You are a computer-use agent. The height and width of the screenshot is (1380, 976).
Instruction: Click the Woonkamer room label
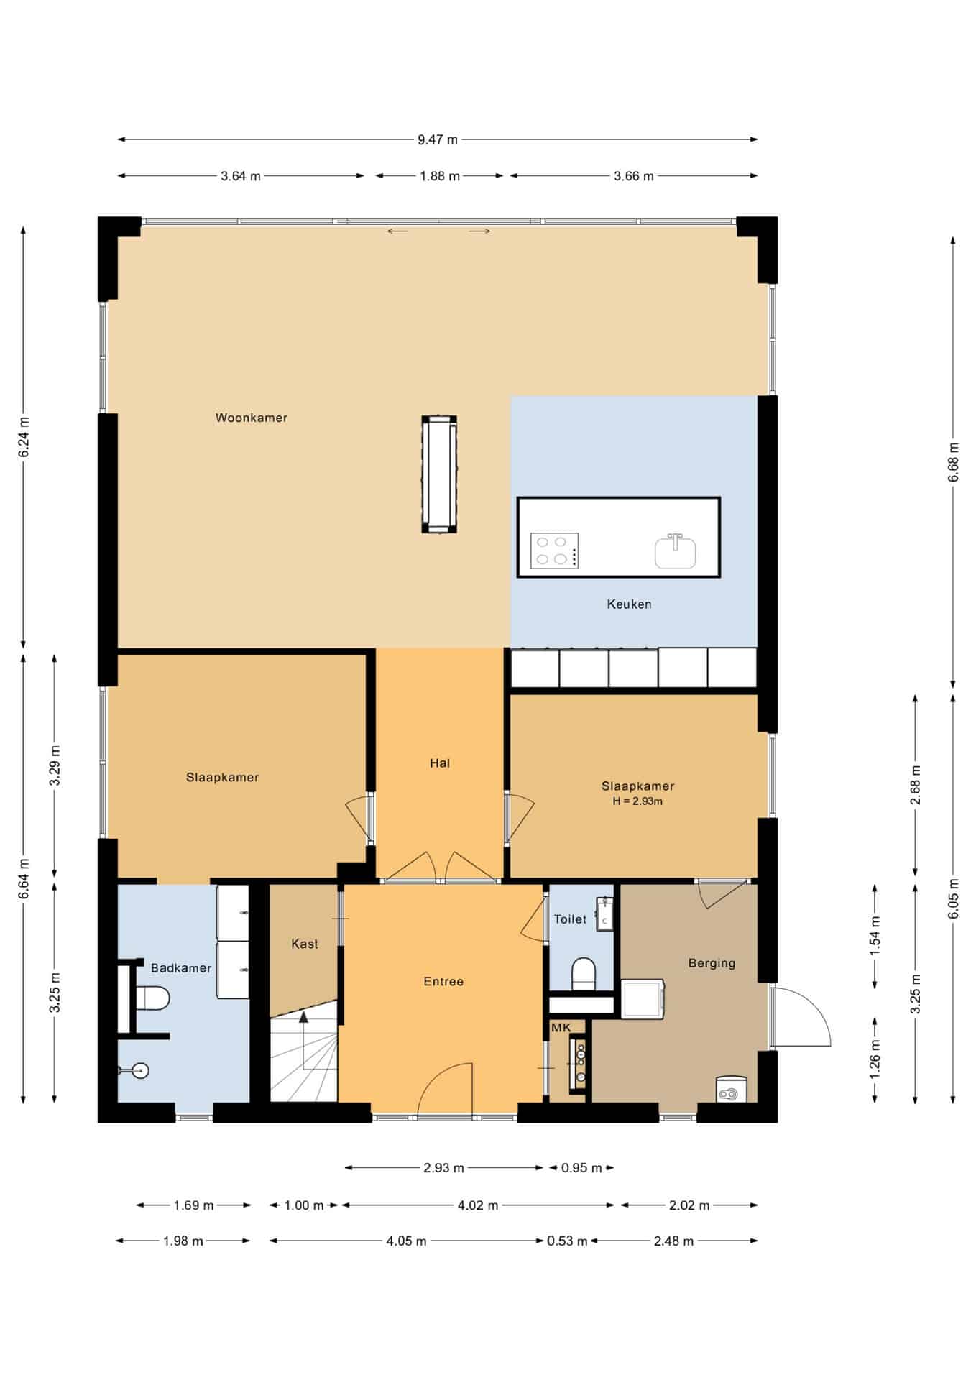click(x=252, y=418)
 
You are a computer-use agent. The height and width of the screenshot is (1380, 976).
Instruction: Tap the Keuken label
click(x=629, y=604)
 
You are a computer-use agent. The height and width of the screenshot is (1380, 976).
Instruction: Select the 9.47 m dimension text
click(x=438, y=139)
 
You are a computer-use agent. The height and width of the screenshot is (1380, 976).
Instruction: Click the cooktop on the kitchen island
click(x=554, y=551)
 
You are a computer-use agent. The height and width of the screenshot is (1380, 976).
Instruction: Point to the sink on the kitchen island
click(x=675, y=551)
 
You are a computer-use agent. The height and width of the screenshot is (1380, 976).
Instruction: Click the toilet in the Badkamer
click(x=152, y=998)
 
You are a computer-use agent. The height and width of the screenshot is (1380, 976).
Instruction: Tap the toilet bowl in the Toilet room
click(x=584, y=974)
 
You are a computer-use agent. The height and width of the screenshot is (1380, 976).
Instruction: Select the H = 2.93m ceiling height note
click(x=637, y=801)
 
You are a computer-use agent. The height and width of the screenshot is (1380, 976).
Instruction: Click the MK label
click(x=561, y=1028)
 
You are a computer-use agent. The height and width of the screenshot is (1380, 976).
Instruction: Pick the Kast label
click(x=305, y=944)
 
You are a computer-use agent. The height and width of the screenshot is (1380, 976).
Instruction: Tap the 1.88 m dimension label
click(x=440, y=176)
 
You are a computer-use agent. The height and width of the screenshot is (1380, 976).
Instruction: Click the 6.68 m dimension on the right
click(x=954, y=460)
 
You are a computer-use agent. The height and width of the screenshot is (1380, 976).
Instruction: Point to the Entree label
click(x=443, y=981)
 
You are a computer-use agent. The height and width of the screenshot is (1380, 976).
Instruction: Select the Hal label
click(x=440, y=763)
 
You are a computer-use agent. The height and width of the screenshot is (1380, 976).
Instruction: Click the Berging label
click(x=712, y=963)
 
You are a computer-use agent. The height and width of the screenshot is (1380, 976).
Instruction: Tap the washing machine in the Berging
click(x=643, y=998)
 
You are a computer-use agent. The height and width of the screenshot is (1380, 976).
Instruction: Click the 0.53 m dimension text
click(x=567, y=1241)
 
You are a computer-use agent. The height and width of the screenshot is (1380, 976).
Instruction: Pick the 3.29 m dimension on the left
click(x=55, y=766)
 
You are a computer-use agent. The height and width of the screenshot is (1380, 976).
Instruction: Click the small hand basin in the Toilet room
click(x=604, y=914)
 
